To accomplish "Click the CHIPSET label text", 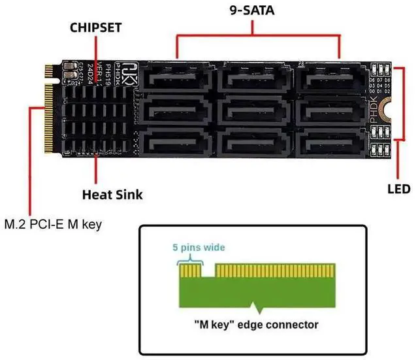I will pos(97,27).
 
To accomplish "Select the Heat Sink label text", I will pos(112,194).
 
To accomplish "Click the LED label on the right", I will pos(397,189).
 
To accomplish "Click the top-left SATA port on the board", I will pos(176,78).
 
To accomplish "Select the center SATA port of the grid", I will pos(251,108).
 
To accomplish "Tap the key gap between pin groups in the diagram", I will pos(208,270).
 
